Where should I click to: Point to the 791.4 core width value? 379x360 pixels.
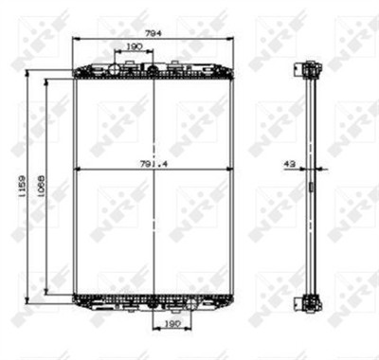(x=153, y=164)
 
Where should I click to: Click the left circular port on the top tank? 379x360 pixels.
(x=115, y=68)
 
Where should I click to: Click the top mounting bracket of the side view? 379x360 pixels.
(x=308, y=68)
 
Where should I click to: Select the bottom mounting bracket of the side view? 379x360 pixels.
(x=308, y=302)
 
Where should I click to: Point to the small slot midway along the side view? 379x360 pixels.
(x=309, y=187)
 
